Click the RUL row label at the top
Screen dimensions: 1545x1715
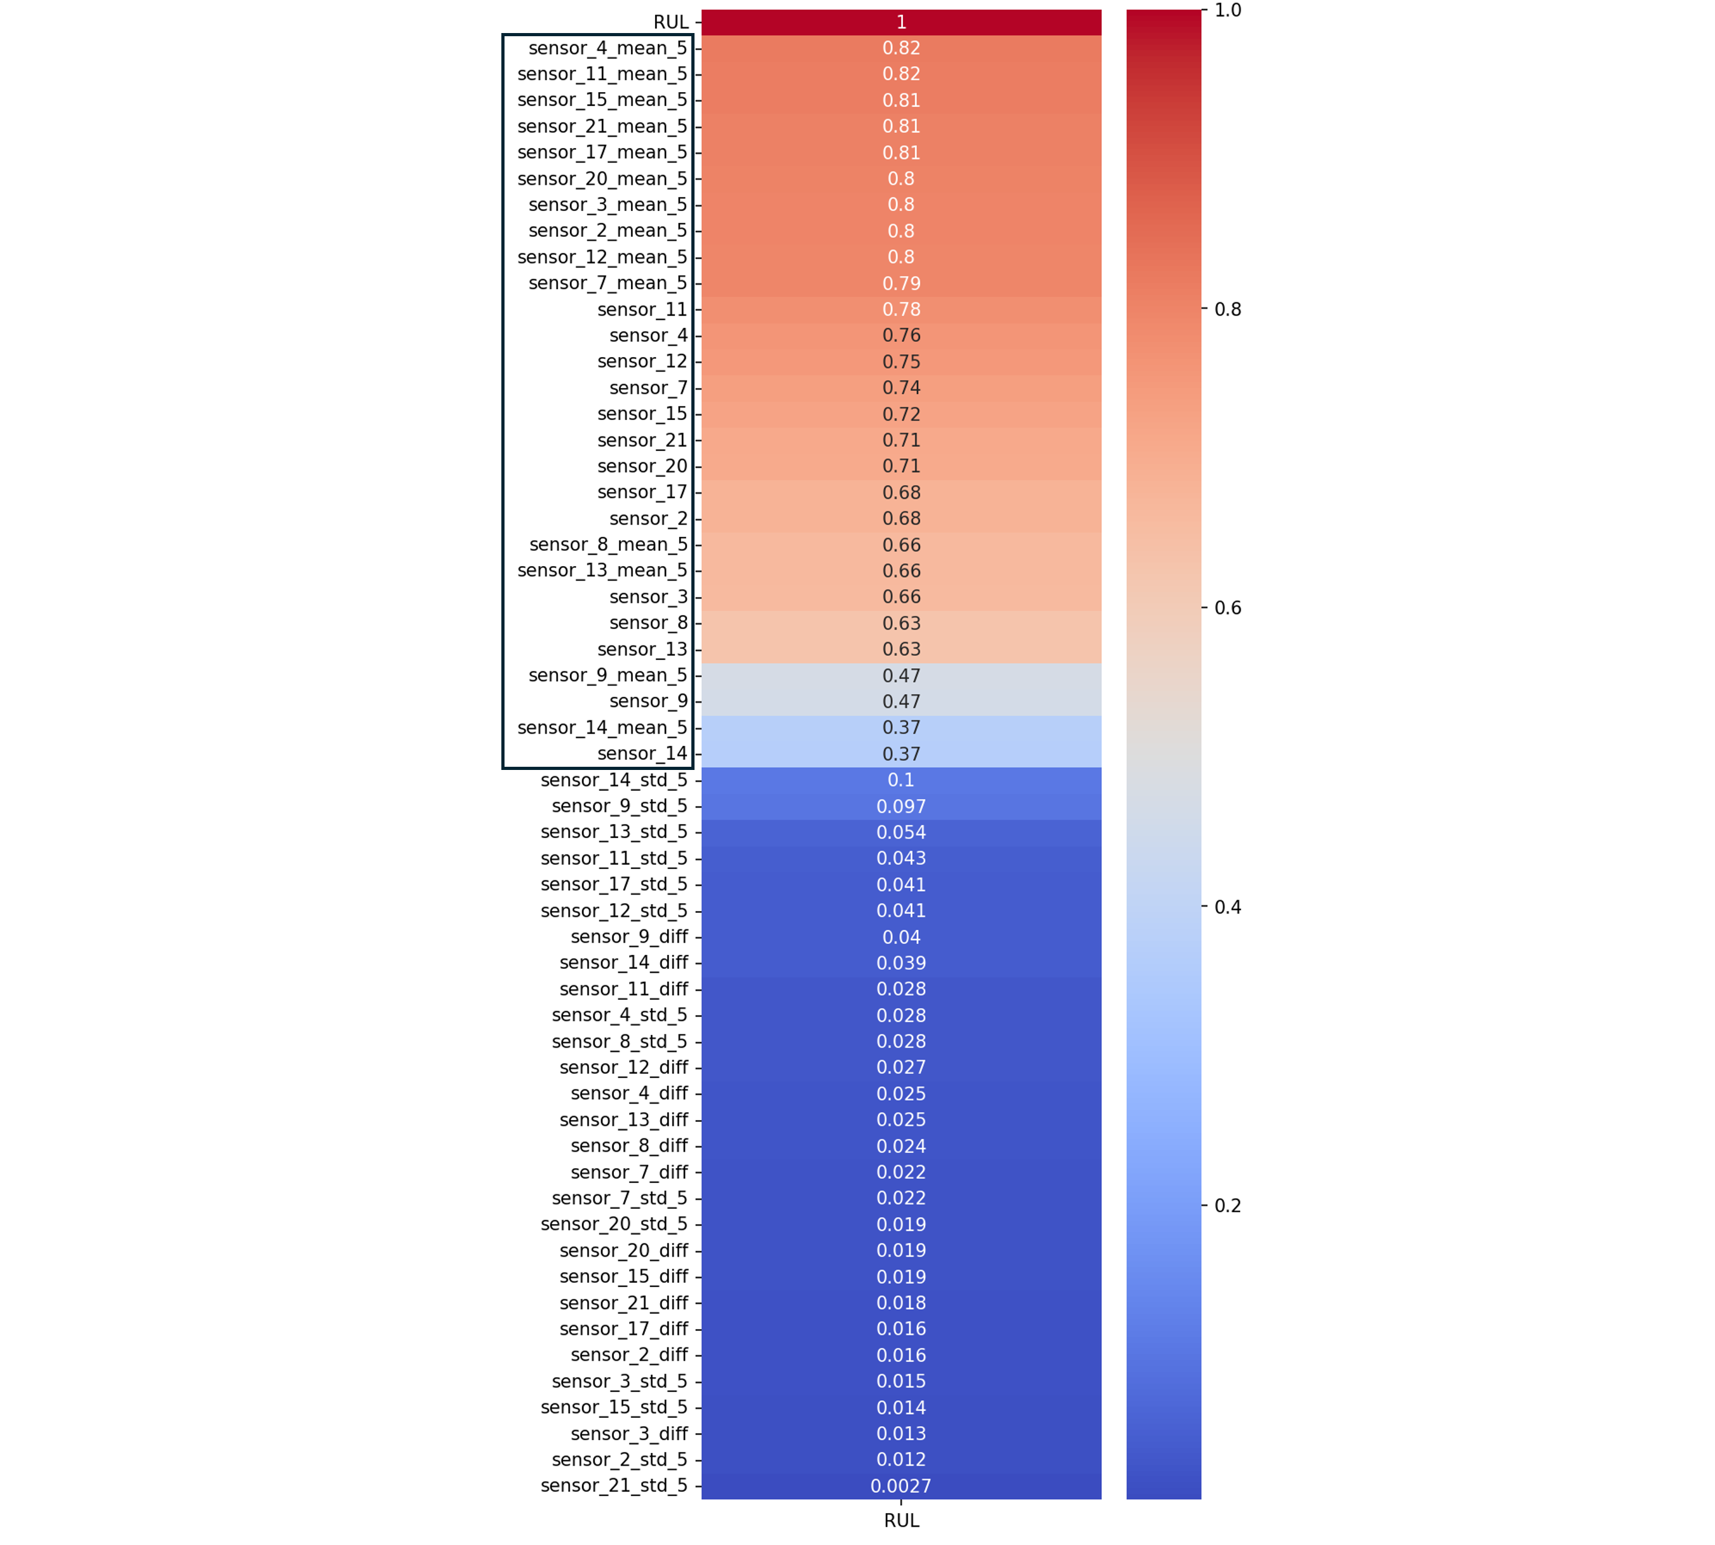[x=671, y=22]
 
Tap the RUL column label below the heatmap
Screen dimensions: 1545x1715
[x=901, y=1520]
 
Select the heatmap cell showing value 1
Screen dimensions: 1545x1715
[x=901, y=22]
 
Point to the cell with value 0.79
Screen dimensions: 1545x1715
[x=901, y=283]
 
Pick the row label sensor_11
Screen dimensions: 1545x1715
[x=642, y=310]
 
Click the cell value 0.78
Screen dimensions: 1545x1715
[x=901, y=310]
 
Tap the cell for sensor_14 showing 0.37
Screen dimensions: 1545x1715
[x=901, y=754]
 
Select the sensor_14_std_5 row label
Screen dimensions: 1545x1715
[x=614, y=780]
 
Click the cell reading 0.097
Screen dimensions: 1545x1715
[x=901, y=806]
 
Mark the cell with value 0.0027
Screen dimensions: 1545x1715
[x=901, y=1485]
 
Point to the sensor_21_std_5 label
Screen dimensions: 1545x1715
[x=614, y=1485]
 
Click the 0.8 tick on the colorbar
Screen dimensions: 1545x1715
[x=1228, y=309]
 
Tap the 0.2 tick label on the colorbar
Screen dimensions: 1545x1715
[x=1228, y=1205]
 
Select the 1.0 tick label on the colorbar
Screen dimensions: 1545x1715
[x=1228, y=10]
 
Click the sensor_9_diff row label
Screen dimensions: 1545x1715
[x=629, y=936]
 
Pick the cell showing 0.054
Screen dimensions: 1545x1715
[x=901, y=833]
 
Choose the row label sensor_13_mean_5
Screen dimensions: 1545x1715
[x=602, y=570]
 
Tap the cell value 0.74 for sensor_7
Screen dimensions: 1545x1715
[x=901, y=388]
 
